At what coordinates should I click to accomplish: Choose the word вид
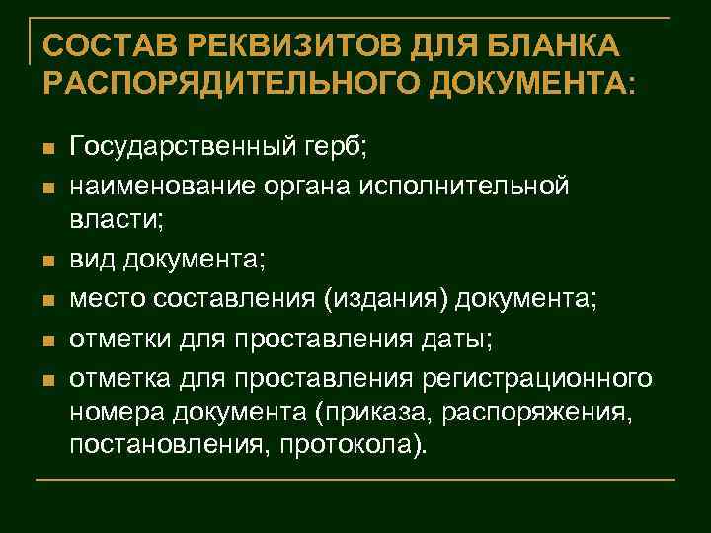pos(92,261)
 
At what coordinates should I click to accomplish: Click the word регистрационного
pos(539,379)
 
